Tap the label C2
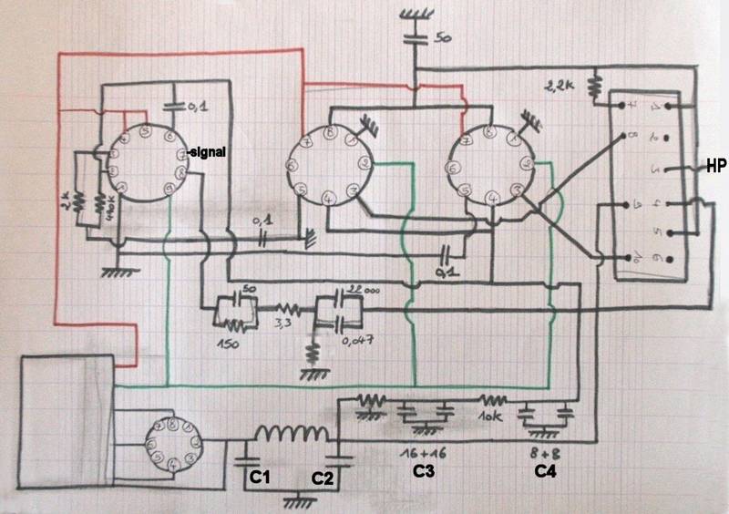coord(323,478)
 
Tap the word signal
coord(209,150)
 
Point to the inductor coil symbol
coord(293,436)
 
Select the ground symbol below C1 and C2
coord(294,500)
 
